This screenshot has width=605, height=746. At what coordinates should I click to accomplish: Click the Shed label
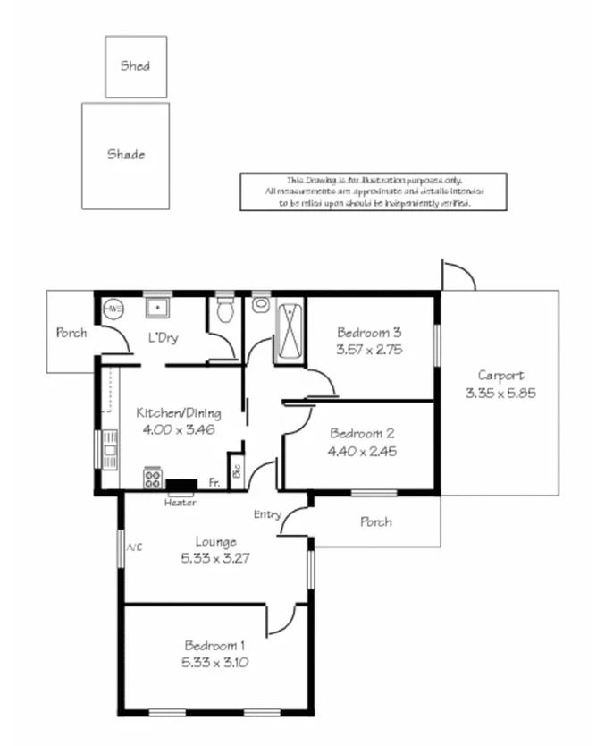pyautogui.click(x=136, y=65)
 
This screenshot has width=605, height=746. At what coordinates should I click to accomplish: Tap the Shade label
pyautogui.click(x=126, y=154)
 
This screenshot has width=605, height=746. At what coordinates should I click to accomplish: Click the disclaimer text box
pyautogui.click(x=374, y=192)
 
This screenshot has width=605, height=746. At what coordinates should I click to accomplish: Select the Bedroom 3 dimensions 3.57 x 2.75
pyautogui.click(x=370, y=350)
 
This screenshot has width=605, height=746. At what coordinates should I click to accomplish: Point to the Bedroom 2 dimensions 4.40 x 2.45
pyautogui.click(x=361, y=451)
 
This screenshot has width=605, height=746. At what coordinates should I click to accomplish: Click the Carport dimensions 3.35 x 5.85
pyautogui.click(x=500, y=393)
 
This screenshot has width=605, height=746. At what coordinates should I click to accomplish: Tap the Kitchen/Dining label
pyautogui.click(x=178, y=413)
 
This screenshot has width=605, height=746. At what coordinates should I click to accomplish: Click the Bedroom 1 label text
pyautogui.click(x=215, y=645)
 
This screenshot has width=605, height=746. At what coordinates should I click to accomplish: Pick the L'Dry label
pyautogui.click(x=164, y=338)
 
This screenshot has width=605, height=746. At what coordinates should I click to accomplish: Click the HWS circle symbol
pyautogui.click(x=113, y=309)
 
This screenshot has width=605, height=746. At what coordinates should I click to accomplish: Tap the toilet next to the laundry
pyautogui.click(x=225, y=310)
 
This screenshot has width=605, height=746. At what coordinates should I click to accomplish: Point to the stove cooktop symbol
pyautogui.click(x=153, y=479)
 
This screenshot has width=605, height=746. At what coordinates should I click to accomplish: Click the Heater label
pyautogui.click(x=180, y=502)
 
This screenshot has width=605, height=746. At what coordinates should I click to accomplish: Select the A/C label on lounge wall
pyautogui.click(x=135, y=547)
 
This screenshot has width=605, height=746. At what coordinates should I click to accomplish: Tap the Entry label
pyautogui.click(x=267, y=514)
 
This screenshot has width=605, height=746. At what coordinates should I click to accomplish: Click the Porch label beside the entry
pyautogui.click(x=375, y=521)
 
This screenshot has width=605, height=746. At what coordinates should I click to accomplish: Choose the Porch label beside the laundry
pyautogui.click(x=71, y=333)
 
